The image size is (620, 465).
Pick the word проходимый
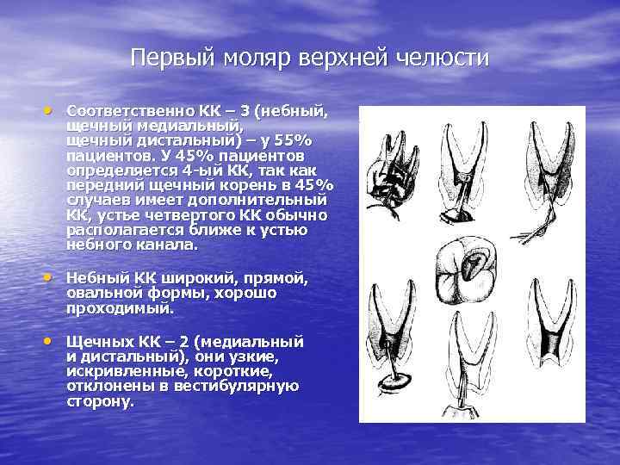120,307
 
